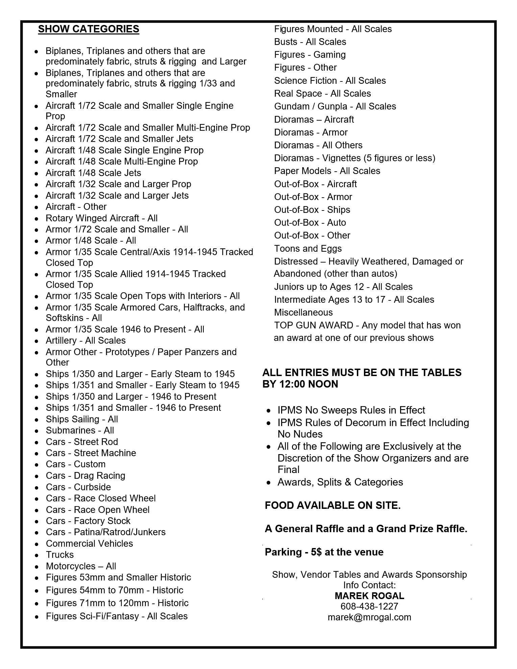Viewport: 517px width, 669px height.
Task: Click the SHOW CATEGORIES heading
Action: tap(89, 29)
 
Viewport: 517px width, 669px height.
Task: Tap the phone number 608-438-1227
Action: tap(369, 606)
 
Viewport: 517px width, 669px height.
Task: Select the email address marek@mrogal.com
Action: tap(369, 617)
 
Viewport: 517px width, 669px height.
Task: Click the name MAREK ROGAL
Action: tap(369, 596)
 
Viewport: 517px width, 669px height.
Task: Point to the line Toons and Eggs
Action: tap(308, 249)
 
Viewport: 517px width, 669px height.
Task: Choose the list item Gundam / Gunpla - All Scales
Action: tap(335, 106)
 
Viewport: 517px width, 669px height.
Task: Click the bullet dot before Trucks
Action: tap(36, 555)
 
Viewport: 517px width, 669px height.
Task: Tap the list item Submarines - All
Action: tap(80, 430)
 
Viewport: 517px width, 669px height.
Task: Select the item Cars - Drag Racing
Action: tap(85, 476)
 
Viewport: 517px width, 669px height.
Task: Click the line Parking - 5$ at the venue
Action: tap(324, 552)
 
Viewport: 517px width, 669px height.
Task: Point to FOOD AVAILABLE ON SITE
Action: tap(333, 505)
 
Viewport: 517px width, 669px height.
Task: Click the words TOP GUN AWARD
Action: tap(314, 325)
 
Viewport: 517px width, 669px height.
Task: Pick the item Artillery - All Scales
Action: tap(85, 341)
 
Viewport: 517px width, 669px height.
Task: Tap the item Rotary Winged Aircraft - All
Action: tap(101, 218)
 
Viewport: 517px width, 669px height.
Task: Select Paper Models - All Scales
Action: tap(327, 171)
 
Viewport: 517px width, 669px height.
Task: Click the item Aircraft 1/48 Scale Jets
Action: tap(93, 173)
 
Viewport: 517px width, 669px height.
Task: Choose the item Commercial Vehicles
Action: tap(89, 544)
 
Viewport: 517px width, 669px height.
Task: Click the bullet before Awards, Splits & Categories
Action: tap(269, 483)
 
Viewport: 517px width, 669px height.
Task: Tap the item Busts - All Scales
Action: tap(310, 42)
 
